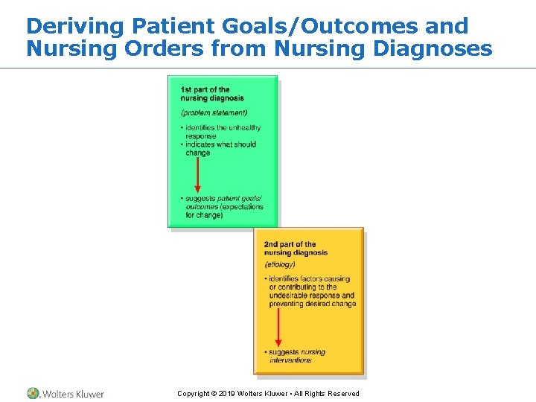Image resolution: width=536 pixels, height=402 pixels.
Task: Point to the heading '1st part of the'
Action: pos(205,90)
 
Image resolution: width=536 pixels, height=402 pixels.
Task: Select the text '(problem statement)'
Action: pos(214,113)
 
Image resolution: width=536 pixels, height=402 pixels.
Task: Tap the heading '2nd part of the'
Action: pos(290,244)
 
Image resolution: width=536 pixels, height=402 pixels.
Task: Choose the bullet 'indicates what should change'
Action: pos(220,149)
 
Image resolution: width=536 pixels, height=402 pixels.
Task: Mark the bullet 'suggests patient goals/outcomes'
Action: pos(222,207)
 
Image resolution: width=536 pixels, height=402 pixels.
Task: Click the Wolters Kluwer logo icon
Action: pos(33,393)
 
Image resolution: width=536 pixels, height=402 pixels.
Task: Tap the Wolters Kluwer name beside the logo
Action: pos(73,394)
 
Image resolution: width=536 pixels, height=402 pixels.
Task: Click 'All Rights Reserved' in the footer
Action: pos(330,394)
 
